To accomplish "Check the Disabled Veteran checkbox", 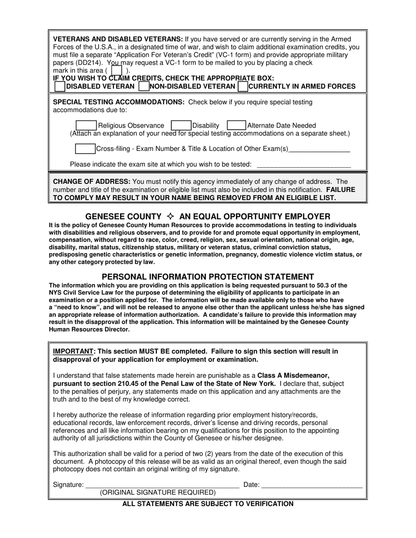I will pos(60,87).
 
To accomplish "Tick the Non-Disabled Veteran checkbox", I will pos(143,87).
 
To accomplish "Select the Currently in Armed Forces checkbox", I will pos(243,87).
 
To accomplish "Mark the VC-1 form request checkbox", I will pos(116,70).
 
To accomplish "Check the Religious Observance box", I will pos(86,126).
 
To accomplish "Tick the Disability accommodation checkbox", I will pos(180,126).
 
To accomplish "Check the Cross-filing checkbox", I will pos(85,149).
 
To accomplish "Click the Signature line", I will pos(162,485).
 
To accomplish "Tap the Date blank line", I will pos(311,485).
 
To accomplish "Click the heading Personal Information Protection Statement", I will pos(208,277).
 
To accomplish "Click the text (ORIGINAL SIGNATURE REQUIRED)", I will pos(158,493).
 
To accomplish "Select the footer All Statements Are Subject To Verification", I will pos(208,504).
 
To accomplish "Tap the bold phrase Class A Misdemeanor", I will pos(293,375).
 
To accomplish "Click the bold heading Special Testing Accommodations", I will pos(119,102).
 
